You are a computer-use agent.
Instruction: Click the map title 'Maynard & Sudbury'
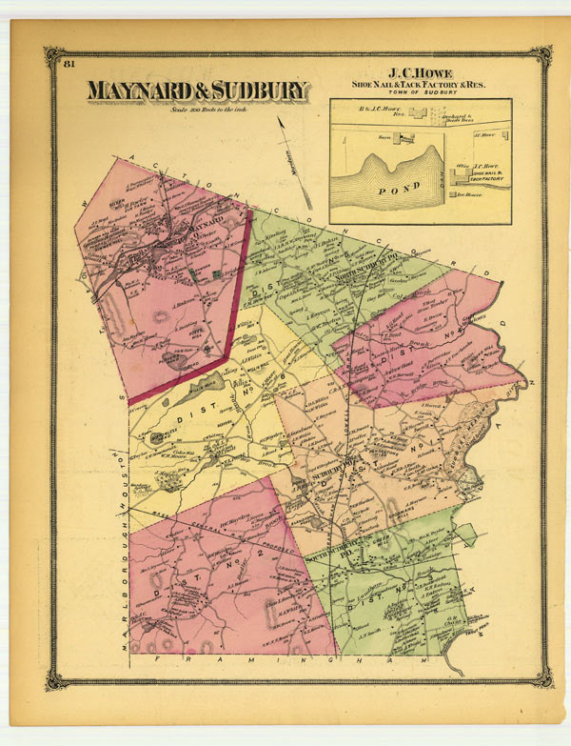[x=198, y=91]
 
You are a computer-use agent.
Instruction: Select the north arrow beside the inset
[x=296, y=157]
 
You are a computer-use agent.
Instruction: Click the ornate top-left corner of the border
[x=54, y=55]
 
